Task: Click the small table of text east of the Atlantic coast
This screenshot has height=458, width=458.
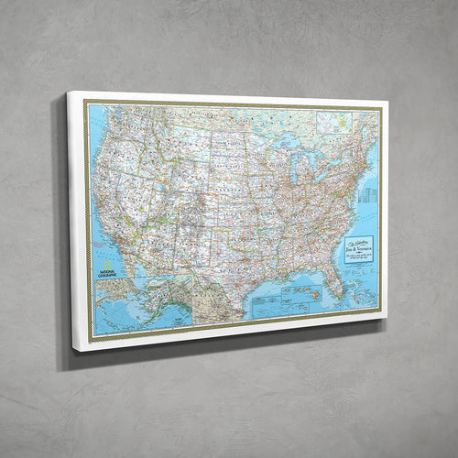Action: (x=368, y=196)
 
